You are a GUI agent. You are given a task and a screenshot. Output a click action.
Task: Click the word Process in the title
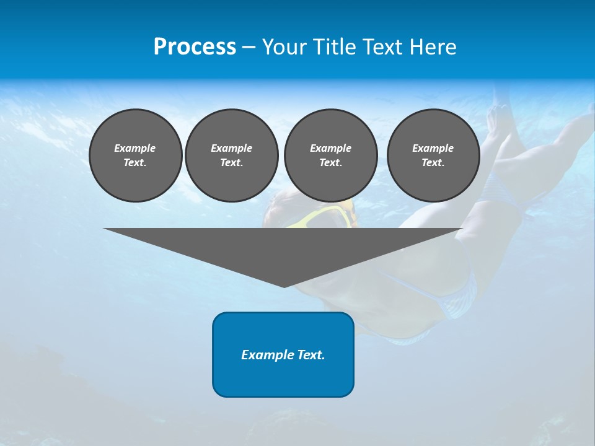coord(195,47)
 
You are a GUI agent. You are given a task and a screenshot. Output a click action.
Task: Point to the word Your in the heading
coord(284,47)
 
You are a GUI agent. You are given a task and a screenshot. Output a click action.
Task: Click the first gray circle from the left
coord(135,155)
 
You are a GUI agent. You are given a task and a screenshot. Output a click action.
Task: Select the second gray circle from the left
coord(231,155)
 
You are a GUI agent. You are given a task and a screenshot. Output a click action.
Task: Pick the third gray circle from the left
coord(330,155)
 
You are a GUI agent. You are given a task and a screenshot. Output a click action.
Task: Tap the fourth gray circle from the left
coord(433,155)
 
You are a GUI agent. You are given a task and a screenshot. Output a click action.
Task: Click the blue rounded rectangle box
coord(283,378)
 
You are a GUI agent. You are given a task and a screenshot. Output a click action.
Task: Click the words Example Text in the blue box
coord(283,355)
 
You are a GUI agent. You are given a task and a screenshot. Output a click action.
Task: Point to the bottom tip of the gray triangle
coord(284,287)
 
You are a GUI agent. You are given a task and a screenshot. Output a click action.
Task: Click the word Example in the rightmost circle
coord(433,148)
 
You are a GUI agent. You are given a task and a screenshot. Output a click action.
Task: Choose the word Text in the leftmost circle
coord(135,163)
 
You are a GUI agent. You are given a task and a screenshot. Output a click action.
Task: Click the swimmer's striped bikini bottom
coord(456,297)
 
